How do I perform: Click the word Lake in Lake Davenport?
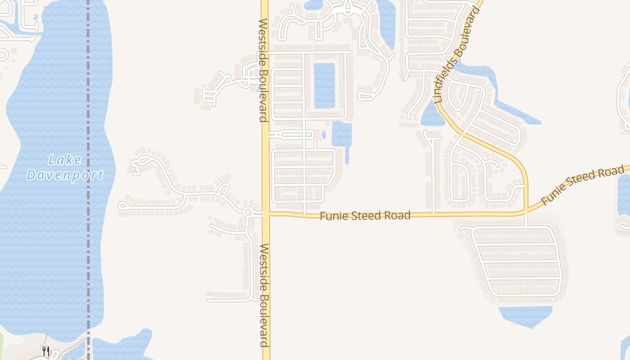(65, 160)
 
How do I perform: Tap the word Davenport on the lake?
(65, 175)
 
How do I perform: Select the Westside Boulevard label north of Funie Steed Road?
(263, 70)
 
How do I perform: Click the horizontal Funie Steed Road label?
(365, 216)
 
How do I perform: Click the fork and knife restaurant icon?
(45, 351)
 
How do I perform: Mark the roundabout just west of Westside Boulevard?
(248, 211)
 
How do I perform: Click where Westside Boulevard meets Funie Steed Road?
(265, 214)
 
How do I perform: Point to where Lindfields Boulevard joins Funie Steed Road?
(526, 211)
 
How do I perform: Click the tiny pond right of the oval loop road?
(324, 134)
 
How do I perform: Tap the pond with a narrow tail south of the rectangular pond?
(342, 135)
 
